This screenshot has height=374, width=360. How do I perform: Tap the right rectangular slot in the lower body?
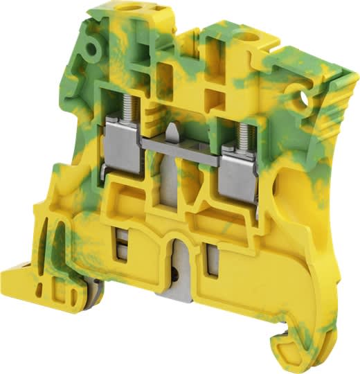pyautogui.click(x=214, y=260)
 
